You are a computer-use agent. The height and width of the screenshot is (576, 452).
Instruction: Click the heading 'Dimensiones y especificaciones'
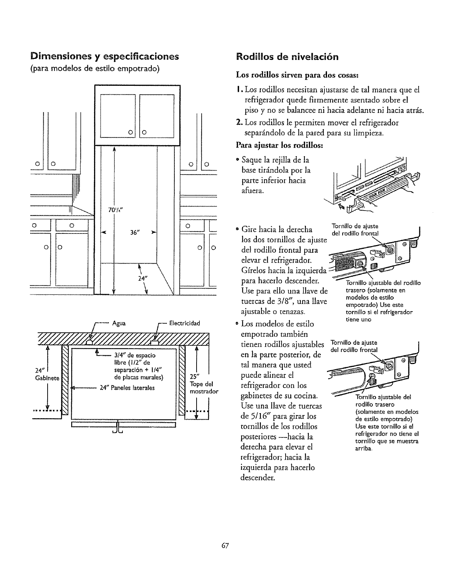pos(105,57)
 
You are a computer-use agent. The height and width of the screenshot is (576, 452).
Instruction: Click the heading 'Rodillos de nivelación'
pos(287,57)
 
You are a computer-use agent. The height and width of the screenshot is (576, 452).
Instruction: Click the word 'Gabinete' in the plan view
pos(47,378)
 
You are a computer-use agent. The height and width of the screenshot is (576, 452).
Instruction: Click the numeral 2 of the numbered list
pos(239,123)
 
